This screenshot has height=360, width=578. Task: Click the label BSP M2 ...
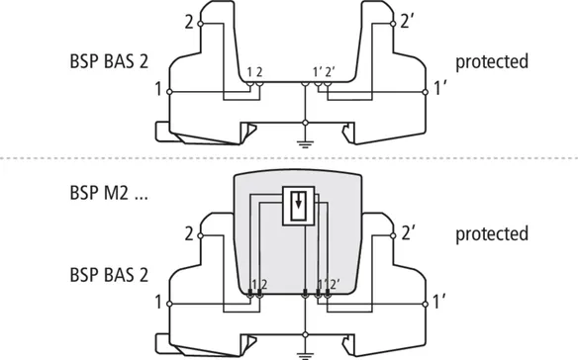[x=99, y=192]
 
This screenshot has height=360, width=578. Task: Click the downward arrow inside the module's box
[x=299, y=201]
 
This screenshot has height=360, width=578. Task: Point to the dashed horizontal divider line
[x=289, y=158]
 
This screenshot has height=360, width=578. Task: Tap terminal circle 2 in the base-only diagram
[x=201, y=24]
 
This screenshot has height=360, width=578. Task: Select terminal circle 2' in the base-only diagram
[x=393, y=24]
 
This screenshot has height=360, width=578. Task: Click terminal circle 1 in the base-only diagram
[x=169, y=92]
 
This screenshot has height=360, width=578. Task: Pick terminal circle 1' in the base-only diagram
[x=425, y=92]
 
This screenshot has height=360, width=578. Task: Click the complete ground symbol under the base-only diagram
[x=305, y=143]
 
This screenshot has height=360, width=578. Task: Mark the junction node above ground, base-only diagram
[x=305, y=123]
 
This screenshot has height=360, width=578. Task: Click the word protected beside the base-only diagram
[x=492, y=62]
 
